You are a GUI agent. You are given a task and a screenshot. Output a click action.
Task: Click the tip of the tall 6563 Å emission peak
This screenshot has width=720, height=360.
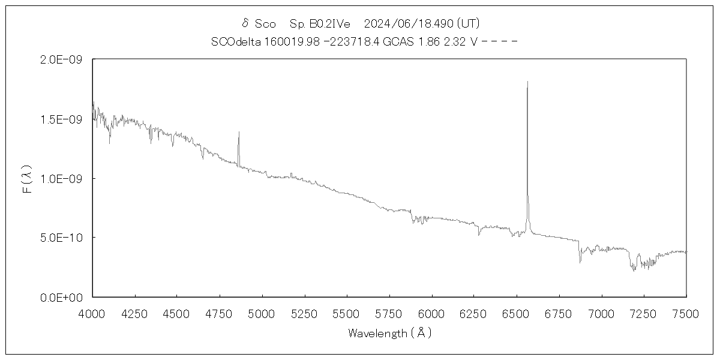[527, 82]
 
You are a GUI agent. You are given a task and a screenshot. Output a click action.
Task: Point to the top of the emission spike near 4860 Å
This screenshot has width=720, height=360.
[239, 132]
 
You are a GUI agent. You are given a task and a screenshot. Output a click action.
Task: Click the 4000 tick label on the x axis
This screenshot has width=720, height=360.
[92, 313]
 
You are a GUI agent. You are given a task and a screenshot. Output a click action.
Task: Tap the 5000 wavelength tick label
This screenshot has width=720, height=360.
[262, 313]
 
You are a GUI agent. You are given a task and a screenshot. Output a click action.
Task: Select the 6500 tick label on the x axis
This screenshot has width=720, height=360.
[517, 313]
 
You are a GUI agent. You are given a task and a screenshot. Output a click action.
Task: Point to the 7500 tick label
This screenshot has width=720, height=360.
[686, 313]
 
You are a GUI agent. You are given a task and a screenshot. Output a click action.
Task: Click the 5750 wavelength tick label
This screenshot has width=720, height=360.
[389, 313]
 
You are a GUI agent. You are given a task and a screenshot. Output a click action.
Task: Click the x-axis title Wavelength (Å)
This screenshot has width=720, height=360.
[389, 333]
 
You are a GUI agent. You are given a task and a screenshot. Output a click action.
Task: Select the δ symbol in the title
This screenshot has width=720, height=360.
[245, 23]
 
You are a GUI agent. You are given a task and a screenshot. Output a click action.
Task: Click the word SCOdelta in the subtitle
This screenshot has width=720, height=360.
[235, 41]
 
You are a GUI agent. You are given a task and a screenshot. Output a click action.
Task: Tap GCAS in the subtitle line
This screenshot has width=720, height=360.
[395, 41]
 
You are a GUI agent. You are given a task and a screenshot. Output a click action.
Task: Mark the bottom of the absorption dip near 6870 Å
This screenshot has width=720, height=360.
[580, 262]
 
